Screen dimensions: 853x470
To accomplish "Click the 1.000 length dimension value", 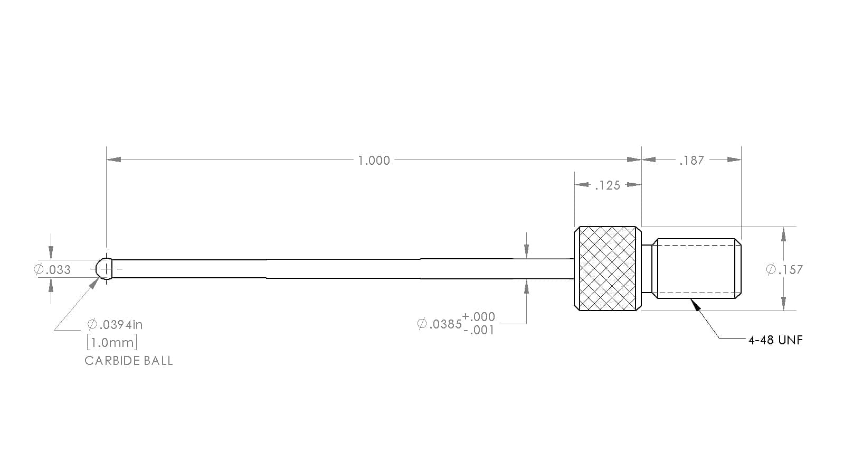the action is coord(374,161).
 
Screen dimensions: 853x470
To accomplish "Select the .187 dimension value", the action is coord(692,161).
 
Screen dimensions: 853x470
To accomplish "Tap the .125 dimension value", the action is coord(608,185).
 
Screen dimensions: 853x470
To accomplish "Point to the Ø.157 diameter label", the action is coord(784,270).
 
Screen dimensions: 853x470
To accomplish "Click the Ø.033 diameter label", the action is coord(53,270).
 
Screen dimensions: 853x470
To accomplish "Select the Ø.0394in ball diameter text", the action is coord(115,324).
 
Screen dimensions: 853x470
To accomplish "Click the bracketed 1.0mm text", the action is coord(112,342).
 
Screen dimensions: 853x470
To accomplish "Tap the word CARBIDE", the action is coord(111,361).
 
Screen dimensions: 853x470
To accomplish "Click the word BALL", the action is coord(157,361).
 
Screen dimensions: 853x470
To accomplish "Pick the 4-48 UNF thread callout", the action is coord(776,340).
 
